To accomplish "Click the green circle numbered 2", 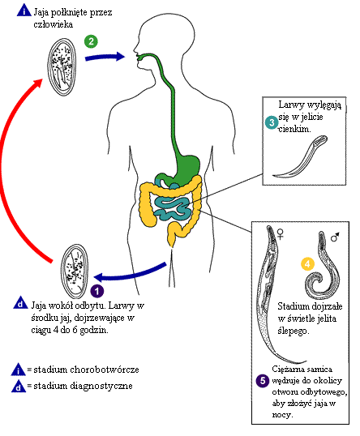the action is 91,41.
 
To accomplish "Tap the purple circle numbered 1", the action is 97,291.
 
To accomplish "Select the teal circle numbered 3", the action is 272,122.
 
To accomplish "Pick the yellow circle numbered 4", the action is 307,263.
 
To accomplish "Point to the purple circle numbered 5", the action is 263,380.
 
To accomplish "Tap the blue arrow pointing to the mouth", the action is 105,57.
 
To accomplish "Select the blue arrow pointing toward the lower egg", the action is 131,274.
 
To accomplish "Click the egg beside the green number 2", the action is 62,67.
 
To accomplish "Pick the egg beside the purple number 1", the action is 75,271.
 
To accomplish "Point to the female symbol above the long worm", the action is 281,233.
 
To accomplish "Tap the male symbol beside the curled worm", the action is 335,237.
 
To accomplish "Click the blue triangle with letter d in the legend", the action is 19,386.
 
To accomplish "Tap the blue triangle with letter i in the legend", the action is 19,370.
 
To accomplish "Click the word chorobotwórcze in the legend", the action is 105,370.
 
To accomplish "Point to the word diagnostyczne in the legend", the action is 101,387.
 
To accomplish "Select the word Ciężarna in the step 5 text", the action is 286,370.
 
